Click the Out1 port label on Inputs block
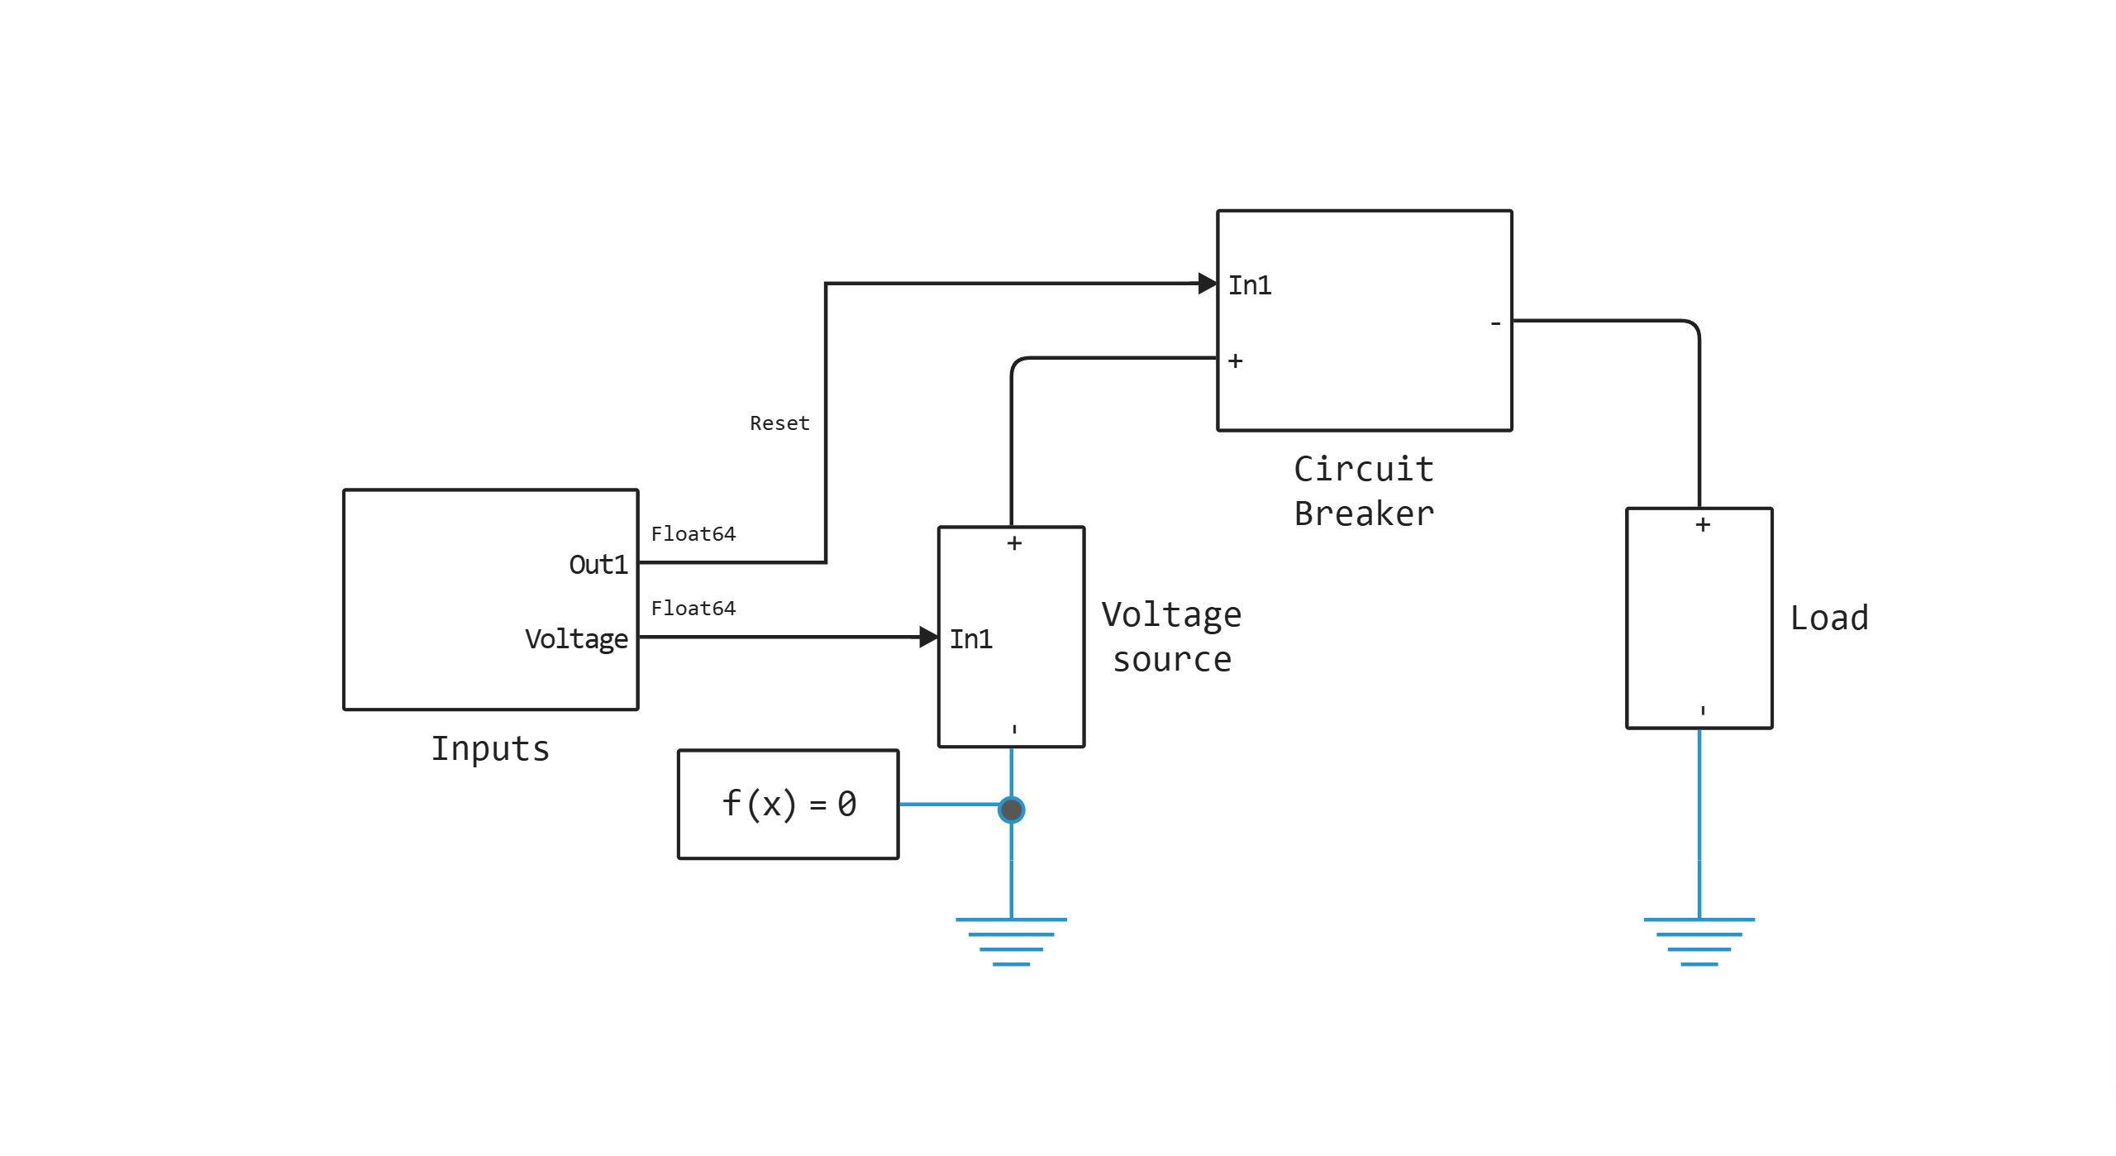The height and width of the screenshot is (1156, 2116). coord(598,565)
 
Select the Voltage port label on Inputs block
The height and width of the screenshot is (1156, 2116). coord(576,639)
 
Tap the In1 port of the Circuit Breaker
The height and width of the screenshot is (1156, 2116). coord(1249,285)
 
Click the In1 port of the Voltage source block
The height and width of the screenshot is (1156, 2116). coord(970,639)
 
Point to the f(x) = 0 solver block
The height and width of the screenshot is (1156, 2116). coord(788,805)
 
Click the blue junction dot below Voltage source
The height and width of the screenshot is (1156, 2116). coord(1011,810)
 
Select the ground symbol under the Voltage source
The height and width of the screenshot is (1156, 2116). coord(1011,941)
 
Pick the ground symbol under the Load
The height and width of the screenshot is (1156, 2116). coord(1699,941)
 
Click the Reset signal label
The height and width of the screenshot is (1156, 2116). coord(779,423)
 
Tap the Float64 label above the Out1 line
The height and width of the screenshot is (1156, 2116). coord(693,534)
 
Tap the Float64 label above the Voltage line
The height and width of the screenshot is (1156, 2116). coord(693,609)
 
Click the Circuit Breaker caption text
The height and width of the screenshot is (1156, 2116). coord(1364,491)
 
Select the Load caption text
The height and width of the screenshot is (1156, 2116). coord(1828,619)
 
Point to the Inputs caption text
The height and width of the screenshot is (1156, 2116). coord(490,749)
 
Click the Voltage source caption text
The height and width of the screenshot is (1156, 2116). coord(1171,638)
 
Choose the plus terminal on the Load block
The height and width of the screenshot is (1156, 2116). coord(1703,525)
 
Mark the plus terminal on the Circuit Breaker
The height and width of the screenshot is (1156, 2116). coord(1235,361)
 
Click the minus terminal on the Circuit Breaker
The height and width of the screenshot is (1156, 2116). coord(1495,324)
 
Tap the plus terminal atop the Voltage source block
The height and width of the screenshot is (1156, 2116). coord(1014,543)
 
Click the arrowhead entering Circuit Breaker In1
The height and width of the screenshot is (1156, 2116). coord(1208,284)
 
